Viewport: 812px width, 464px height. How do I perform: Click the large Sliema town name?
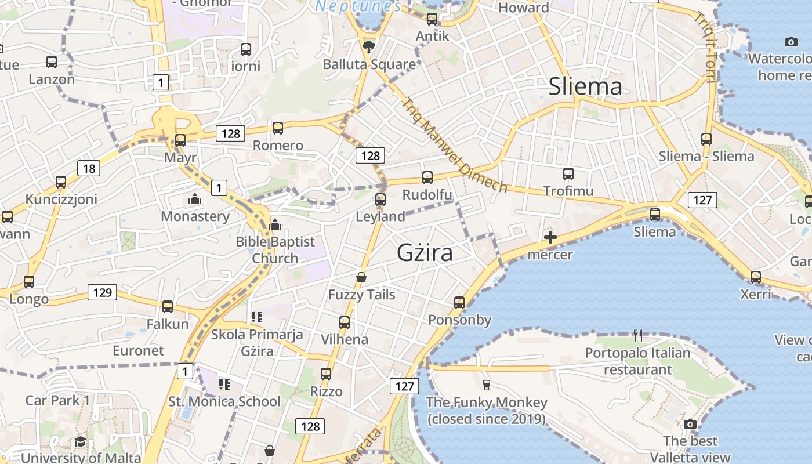(x=585, y=86)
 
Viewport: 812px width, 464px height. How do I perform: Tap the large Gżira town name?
(x=425, y=253)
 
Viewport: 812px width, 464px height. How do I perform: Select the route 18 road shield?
(x=89, y=168)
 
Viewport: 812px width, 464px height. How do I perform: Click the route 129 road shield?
(x=102, y=292)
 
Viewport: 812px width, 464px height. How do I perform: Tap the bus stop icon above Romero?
(x=278, y=128)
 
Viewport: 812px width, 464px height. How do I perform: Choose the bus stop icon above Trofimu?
(x=568, y=173)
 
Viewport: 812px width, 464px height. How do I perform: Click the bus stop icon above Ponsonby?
(x=459, y=302)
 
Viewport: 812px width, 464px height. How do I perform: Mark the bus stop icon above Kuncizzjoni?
(x=61, y=182)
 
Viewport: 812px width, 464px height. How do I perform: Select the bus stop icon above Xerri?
(x=756, y=277)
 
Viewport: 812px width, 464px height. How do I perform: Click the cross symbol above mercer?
(x=550, y=237)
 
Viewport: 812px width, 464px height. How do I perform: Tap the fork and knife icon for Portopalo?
(x=638, y=335)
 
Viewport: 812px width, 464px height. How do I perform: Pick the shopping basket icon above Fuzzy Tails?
(x=361, y=277)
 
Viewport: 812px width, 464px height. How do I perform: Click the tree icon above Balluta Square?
(x=368, y=46)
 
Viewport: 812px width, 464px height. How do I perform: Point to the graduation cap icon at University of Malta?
(x=80, y=441)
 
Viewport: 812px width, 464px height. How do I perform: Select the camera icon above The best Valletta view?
(x=690, y=424)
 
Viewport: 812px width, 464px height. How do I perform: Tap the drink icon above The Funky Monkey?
(x=487, y=385)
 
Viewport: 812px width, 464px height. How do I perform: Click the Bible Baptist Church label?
(x=275, y=249)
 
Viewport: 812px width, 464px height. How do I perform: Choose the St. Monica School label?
(x=224, y=401)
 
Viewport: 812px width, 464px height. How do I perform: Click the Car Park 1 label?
(x=58, y=400)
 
